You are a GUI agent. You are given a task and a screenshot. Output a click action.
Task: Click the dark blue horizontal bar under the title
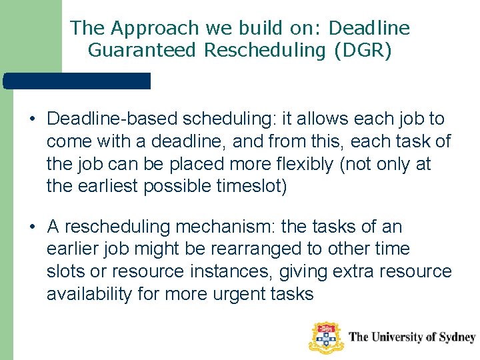[77, 81]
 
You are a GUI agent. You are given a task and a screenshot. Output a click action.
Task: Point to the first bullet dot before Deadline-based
[31, 120]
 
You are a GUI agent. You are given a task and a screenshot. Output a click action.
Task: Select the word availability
[89, 294]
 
